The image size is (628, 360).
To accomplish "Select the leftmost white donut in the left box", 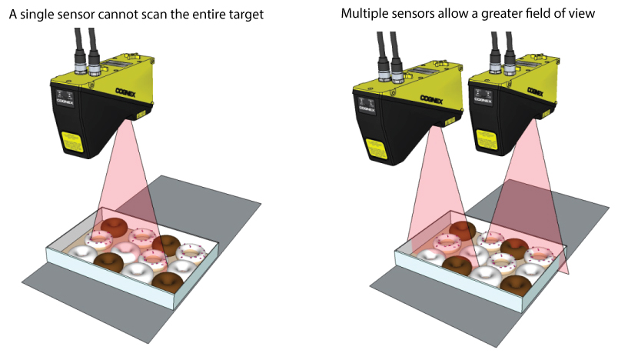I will coord(82,253).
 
